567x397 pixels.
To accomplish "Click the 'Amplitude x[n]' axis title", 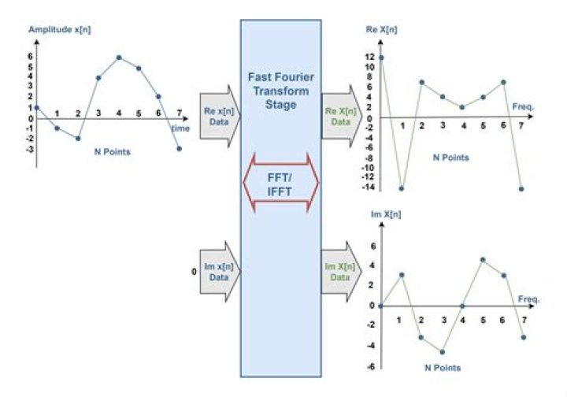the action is [60, 30].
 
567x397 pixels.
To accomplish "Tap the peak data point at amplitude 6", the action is [119, 58].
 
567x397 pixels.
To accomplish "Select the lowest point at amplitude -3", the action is [180, 149].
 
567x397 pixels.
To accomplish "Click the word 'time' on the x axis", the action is [180, 128].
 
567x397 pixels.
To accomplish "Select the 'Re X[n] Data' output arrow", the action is [342, 117].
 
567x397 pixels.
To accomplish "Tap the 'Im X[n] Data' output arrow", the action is [342, 272].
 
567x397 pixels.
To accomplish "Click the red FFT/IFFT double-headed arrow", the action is [280, 183].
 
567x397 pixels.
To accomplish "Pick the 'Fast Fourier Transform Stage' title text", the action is [280, 91].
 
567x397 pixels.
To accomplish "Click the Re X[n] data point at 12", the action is [381, 58].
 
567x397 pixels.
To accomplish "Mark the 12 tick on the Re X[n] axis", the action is [369, 57].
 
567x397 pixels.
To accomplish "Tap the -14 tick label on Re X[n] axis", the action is [368, 187].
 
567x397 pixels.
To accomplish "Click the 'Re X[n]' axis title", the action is [381, 30].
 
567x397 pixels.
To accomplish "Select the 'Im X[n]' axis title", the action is [386, 214].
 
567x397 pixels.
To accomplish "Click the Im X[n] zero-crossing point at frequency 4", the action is [462, 306].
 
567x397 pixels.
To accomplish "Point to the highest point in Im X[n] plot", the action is [483, 260].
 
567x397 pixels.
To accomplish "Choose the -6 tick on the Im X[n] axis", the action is [371, 366].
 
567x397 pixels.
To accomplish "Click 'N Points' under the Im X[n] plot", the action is [443, 368].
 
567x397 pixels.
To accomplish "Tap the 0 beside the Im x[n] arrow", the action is [195, 272].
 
